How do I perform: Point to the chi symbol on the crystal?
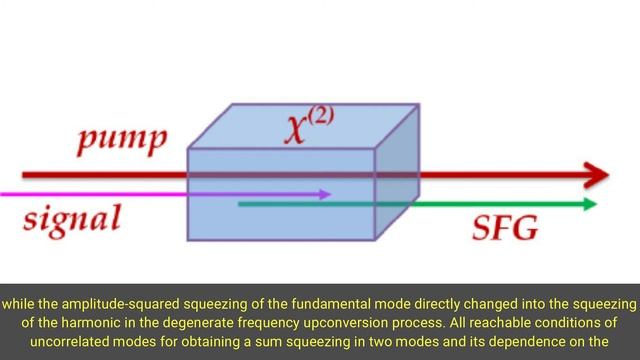tap(297, 129)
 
